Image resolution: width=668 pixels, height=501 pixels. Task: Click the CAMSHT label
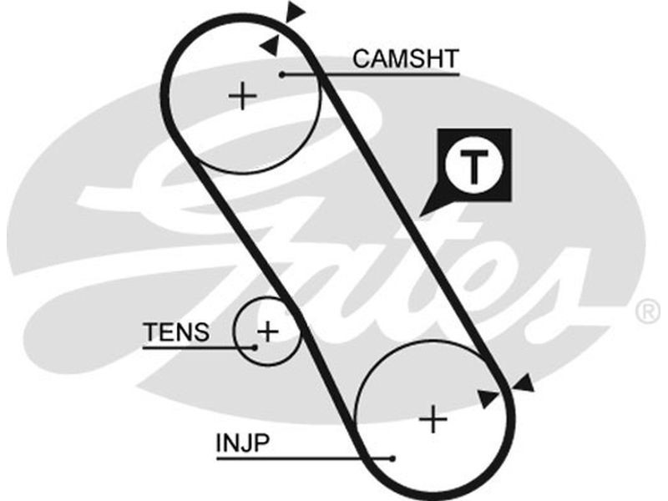pyautogui.click(x=405, y=58)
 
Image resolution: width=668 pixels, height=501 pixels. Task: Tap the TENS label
pyautogui.click(x=176, y=332)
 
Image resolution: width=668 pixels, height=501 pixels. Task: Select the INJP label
pyautogui.click(x=242, y=443)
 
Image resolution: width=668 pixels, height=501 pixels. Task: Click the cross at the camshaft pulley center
pyautogui.click(x=243, y=97)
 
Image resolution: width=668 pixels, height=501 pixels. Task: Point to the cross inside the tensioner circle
pyautogui.click(x=267, y=331)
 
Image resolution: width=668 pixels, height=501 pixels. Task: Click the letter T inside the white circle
pyautogui.click(x=474, y=167)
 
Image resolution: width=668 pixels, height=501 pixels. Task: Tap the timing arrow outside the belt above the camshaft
pyautogui.click(x=295, y=11)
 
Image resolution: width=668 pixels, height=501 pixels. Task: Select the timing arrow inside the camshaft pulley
pyautogui.click(x=269, y=46)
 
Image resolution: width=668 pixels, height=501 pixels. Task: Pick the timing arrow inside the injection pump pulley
pyautogui.click(x=488, y=397)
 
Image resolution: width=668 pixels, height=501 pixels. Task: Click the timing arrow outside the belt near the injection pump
pyautogui.click(x=524, y=383)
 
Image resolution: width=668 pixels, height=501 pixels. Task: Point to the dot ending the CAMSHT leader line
pyautogui.click(x=282, y=74)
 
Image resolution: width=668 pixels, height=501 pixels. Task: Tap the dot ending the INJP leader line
pyautogui.click(x=392, y=458)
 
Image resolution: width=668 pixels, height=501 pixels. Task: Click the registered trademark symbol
pyautogui.click(x=648, y=312)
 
